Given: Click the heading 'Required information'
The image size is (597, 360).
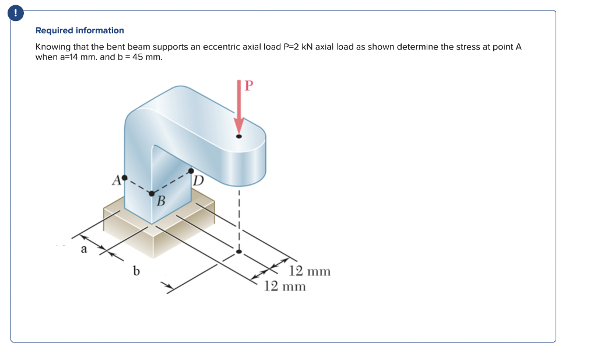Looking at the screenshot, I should [80, 30].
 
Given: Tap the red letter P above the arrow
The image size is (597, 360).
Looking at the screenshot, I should [249, 86].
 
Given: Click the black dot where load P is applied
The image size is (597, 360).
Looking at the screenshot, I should [238, 137].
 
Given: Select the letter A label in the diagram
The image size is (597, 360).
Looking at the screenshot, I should [115, 179].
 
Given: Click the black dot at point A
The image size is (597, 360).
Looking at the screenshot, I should [124, 177].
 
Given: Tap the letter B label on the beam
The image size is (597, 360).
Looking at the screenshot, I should [161, 202].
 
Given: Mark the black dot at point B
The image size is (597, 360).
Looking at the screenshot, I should [152, 194].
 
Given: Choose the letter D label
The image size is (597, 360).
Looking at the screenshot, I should [198, 180].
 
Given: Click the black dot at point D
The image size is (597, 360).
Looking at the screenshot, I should [191, 171].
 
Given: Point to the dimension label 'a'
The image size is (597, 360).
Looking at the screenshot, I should [83, 250].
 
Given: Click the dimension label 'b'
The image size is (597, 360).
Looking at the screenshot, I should [136, 271].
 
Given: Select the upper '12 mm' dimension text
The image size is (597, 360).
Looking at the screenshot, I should [310, 271].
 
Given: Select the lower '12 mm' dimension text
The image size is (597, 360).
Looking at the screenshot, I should [285, 286].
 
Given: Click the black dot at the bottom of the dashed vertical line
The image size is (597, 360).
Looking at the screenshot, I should [238, 252].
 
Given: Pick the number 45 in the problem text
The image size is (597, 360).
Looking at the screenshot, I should [137, 57].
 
